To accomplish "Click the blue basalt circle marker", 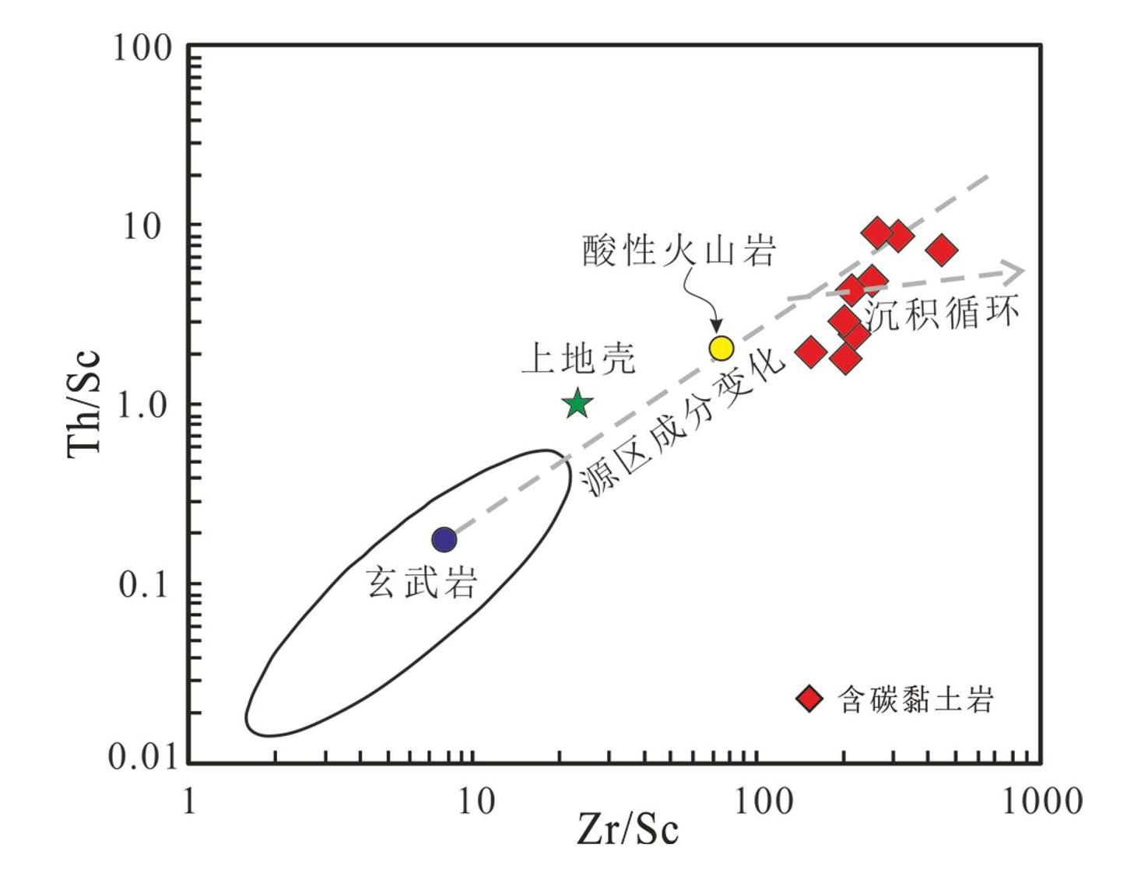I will (444, 538).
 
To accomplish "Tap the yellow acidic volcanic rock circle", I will (721, 348).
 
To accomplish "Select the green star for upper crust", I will (578, 404).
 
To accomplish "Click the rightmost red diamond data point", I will (942, 251).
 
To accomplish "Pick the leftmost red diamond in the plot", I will (810, 352).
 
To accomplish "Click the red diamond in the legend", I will (809, 698).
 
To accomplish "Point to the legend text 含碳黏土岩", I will (916, 699).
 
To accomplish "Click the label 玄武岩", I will (421, 581).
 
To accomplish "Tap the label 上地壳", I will (578, 359).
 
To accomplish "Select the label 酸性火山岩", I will (679, 251).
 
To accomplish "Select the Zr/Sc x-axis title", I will (627, 829).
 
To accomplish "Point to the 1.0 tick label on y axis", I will (144, 405).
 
